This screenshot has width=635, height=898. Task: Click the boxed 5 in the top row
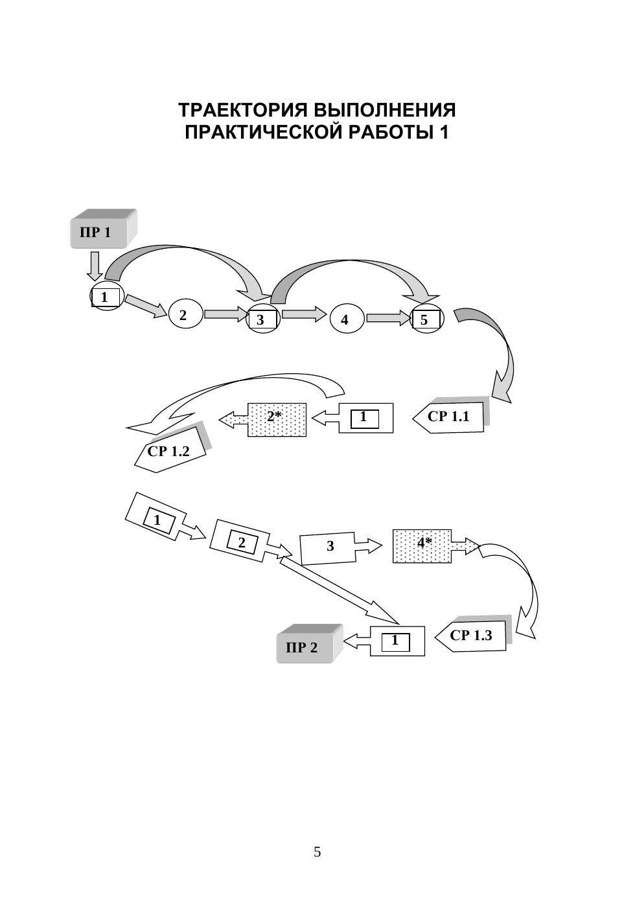[426, 319]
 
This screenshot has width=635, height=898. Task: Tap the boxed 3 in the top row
[262, 319]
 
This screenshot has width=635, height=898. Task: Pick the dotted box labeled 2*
[277, 419]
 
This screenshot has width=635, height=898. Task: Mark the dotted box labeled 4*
[422, 546]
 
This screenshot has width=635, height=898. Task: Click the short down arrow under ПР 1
[95, 266]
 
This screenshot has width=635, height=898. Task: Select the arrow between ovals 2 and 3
[225, 314]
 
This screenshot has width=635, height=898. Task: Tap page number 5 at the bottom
[317, 852]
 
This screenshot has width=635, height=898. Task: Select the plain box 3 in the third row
[329, 547]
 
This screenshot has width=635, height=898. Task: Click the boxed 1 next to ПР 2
[395, 641]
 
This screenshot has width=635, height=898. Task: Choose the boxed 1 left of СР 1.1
[364, 418]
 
